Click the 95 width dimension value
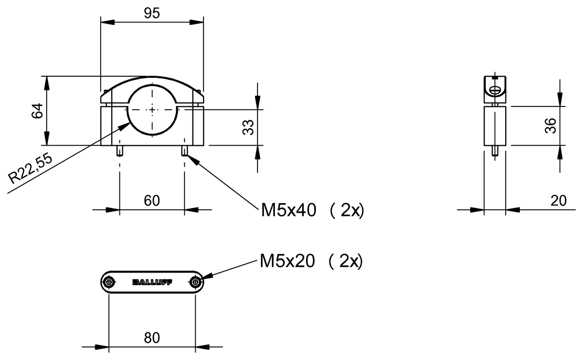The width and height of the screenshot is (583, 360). pos(152,14)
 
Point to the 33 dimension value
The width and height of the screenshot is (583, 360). pos(248,127)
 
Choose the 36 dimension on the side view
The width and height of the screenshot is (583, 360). pos(550,126)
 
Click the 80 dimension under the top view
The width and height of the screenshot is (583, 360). pos(152,338)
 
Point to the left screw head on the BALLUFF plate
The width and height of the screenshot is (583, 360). pos(109,282)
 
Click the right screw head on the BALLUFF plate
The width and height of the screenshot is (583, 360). pos(195,282)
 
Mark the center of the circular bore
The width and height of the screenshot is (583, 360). pos(152,110)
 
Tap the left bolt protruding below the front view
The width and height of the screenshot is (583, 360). pos(119,151)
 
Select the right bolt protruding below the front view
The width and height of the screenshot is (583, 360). pos(185,151)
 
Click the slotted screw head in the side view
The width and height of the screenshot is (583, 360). pos(495,90)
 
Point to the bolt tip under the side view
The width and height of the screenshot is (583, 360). pos(495,151)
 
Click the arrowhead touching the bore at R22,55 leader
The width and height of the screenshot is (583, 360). pos(127,124)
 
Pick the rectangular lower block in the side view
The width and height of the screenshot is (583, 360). pos(495,126)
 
